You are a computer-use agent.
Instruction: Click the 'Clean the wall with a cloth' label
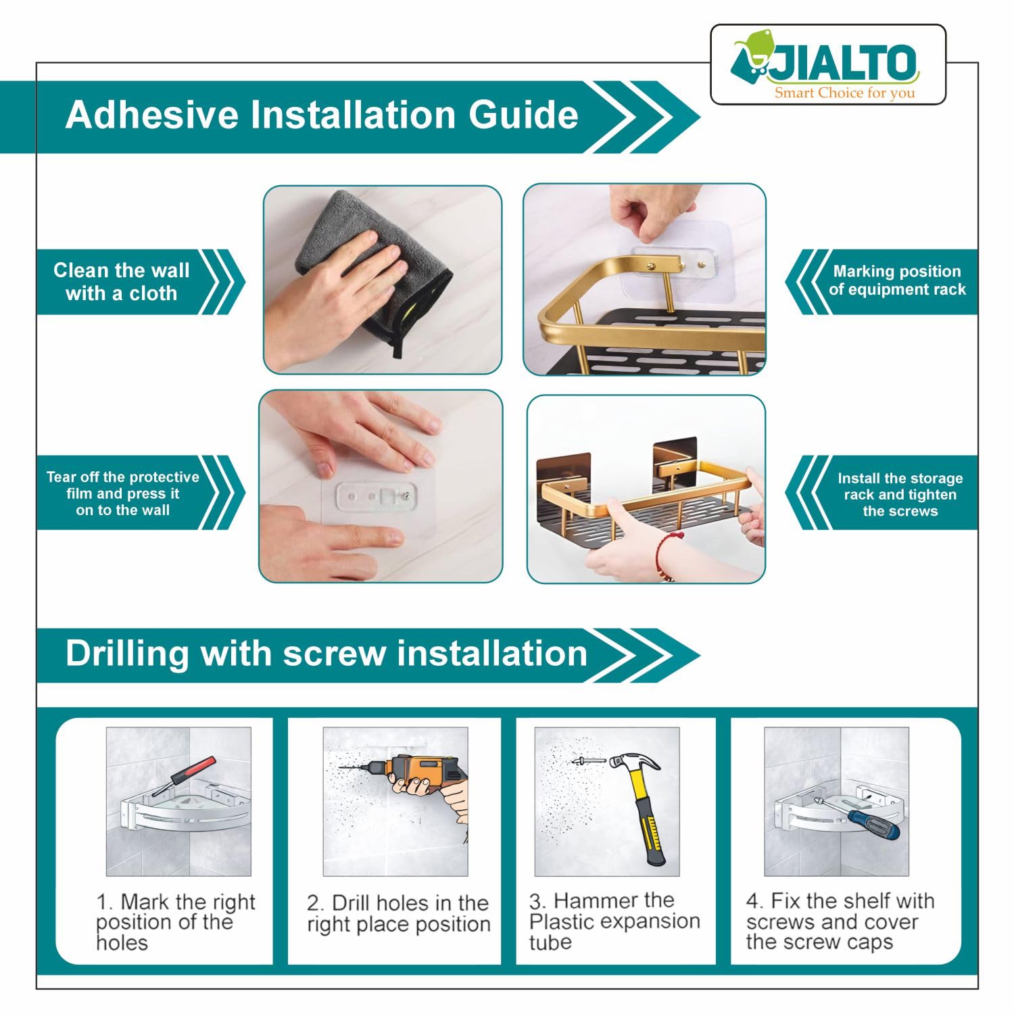(x=122, y=282)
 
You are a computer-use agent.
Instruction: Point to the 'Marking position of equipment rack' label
(x=897, y=281)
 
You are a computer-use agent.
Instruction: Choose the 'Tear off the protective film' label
(x=123, y=493)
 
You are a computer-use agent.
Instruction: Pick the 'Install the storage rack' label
(x=900, y=494)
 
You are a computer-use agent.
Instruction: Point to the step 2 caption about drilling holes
(x=398, y=913)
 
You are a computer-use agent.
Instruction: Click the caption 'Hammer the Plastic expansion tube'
(x=614, y=921)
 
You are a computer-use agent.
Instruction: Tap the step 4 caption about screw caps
(x=840, y=921)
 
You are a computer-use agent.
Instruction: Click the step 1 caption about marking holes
(x=175, y=922)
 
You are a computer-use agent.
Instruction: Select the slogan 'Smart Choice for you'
(x=844, y=93)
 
